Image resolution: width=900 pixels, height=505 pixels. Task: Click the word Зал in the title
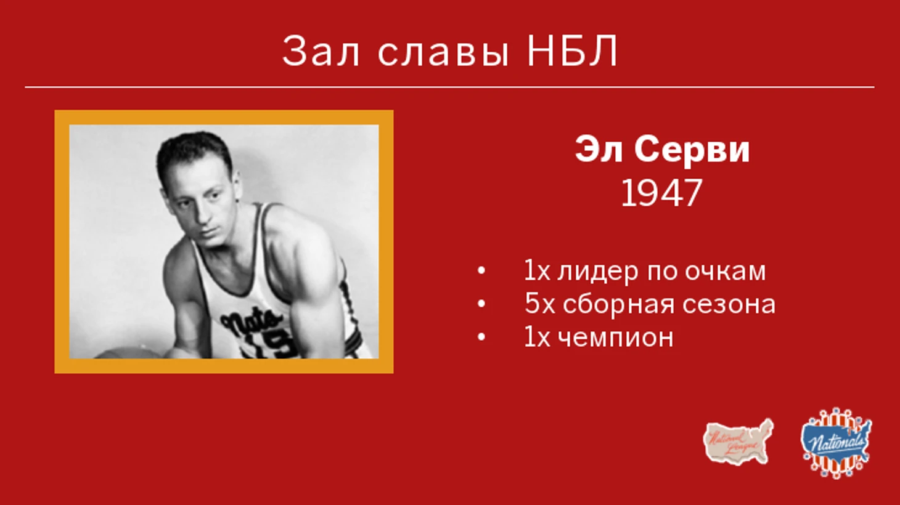tap(320, 51)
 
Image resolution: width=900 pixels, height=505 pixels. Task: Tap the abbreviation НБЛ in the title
tap(572, 51)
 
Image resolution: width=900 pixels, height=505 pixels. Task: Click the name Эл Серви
tap(662, 149)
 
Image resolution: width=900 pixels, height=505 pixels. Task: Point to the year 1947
tap(661, 193)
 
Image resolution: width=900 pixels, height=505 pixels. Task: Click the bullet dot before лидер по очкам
tap(481, 271)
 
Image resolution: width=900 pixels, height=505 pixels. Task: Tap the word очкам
tap(725, 272)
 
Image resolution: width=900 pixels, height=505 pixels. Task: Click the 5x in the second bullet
tap(539, 304)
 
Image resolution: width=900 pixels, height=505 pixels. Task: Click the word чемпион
tap(616, 337)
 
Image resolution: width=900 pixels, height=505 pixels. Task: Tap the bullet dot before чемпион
tap(481, 337)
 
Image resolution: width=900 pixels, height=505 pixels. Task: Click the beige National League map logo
tap(738, 442)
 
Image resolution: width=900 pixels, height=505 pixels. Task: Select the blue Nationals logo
tap(836, 443)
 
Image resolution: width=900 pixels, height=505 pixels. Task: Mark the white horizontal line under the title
tap(449, 87)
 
